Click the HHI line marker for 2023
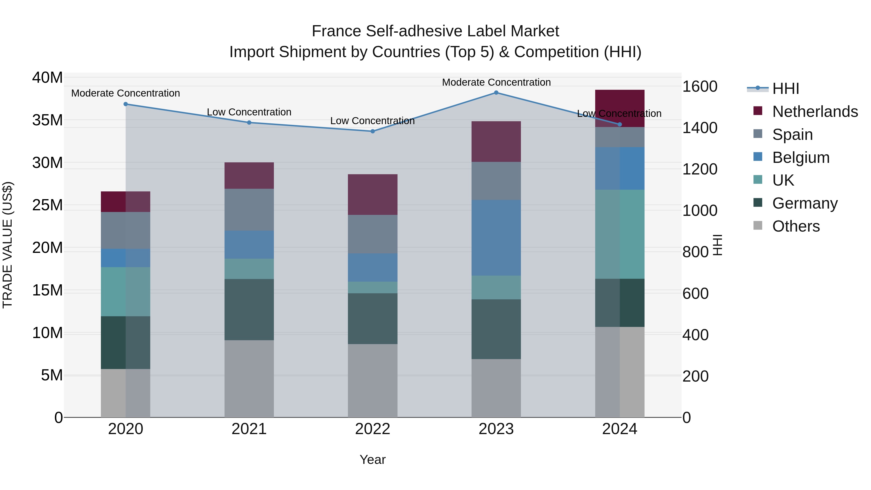pyautogui.click(x=496, y=93)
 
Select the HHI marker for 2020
pyautogui.click(x=125, y=104)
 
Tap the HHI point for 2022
pyautogui.click(x=373, y=131)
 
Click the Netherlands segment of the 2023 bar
pyautogui.click(x=496, y=141)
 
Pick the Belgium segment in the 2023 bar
pyautogui.click(x=496, y=237)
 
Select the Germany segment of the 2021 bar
pyautogui.click(x=249, y=309)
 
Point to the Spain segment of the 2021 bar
pyautogui.click(x=249, y=210)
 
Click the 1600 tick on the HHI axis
pyautogui.click(x=699, y=87)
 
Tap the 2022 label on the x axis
pyautogui.click(x=373, y=429)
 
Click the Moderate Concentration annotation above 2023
pyautogui.click(x=496, y=82)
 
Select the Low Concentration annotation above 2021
pyautogui.click(x=249, y=112)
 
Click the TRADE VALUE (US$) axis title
pyautogui.click(x=8, y=245)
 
